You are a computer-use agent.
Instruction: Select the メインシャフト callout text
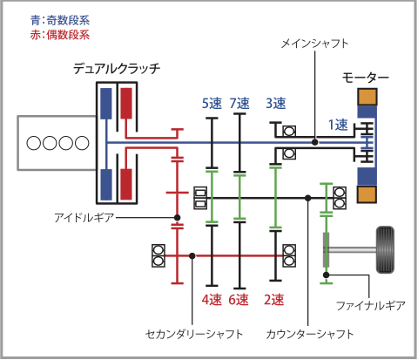pyautogui.click(x=315, y=43)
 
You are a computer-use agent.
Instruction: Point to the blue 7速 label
pyautogui.click(x=240, y=104)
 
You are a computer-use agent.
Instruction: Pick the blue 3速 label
pyautogui.click(x=275, y=104)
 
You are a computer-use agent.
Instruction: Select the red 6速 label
pyautogui.click(x=240, y=299)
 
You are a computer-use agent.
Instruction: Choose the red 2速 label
pyautogui.click(x=273, y=299)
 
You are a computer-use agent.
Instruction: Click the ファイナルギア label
pyautogui.click(x=370, y=306)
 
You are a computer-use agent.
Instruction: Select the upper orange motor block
pyautogui.click(x=367, y=98)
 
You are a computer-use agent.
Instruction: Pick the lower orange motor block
pyautogui.click(x=367, y=193)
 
